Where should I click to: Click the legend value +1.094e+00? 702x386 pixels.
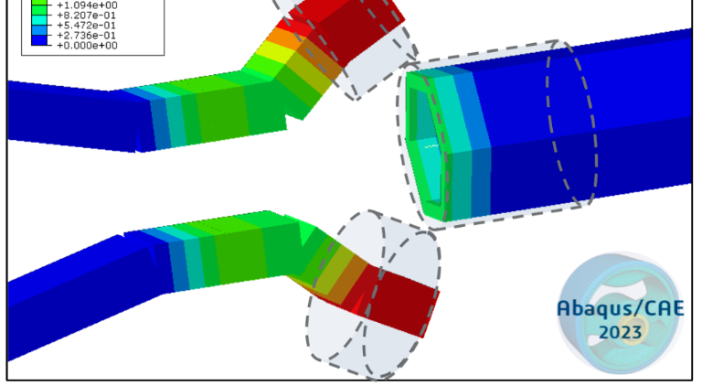click(88, 5)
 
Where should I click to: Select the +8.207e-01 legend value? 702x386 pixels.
click(87, 16)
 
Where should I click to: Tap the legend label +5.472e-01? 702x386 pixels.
click(87, 25)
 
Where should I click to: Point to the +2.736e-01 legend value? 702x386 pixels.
click(87, 36)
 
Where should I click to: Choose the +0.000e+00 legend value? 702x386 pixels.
click(88, 45)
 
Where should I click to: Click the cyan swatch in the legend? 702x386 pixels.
click(39, 20)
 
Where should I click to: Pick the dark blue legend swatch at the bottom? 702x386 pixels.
click(39, 40)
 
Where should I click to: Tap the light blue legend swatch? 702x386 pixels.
click(39, 30)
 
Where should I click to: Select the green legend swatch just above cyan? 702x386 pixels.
click(39, 10)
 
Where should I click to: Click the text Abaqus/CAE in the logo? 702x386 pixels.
click(621, 308)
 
